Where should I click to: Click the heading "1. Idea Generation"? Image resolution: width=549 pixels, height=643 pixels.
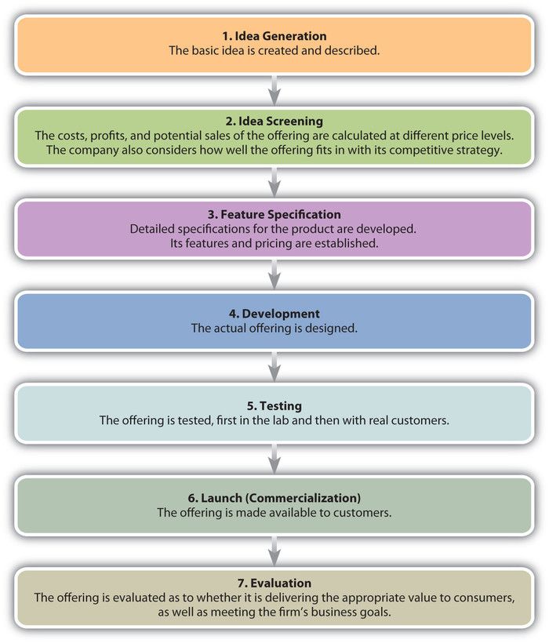274,36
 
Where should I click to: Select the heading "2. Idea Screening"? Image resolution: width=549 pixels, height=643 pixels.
274,122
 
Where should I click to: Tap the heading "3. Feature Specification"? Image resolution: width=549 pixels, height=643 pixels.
274,215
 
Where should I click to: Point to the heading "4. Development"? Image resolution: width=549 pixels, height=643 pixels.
274,314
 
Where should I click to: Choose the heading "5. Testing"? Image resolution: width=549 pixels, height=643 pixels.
274,405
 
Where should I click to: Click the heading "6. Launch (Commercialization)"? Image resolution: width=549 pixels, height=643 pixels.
274,498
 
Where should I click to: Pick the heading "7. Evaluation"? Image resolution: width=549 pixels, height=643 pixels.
274,583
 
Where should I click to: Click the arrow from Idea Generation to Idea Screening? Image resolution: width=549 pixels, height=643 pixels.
274,91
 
